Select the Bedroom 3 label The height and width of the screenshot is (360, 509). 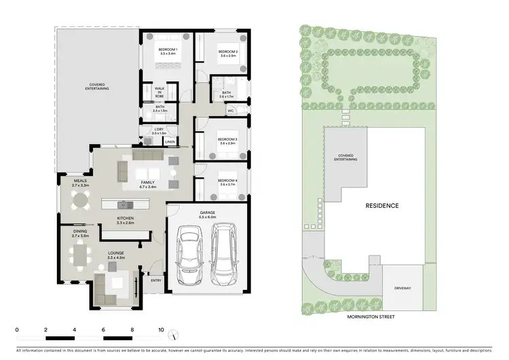[227, 140]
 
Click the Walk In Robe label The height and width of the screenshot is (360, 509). [159, 92]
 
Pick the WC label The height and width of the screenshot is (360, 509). [231, 110]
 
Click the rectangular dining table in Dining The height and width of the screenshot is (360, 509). [81, 255]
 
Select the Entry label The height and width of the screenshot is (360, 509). [156, 280]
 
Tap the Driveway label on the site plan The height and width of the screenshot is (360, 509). [403, 289]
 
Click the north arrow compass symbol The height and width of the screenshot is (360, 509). [174, 334]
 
